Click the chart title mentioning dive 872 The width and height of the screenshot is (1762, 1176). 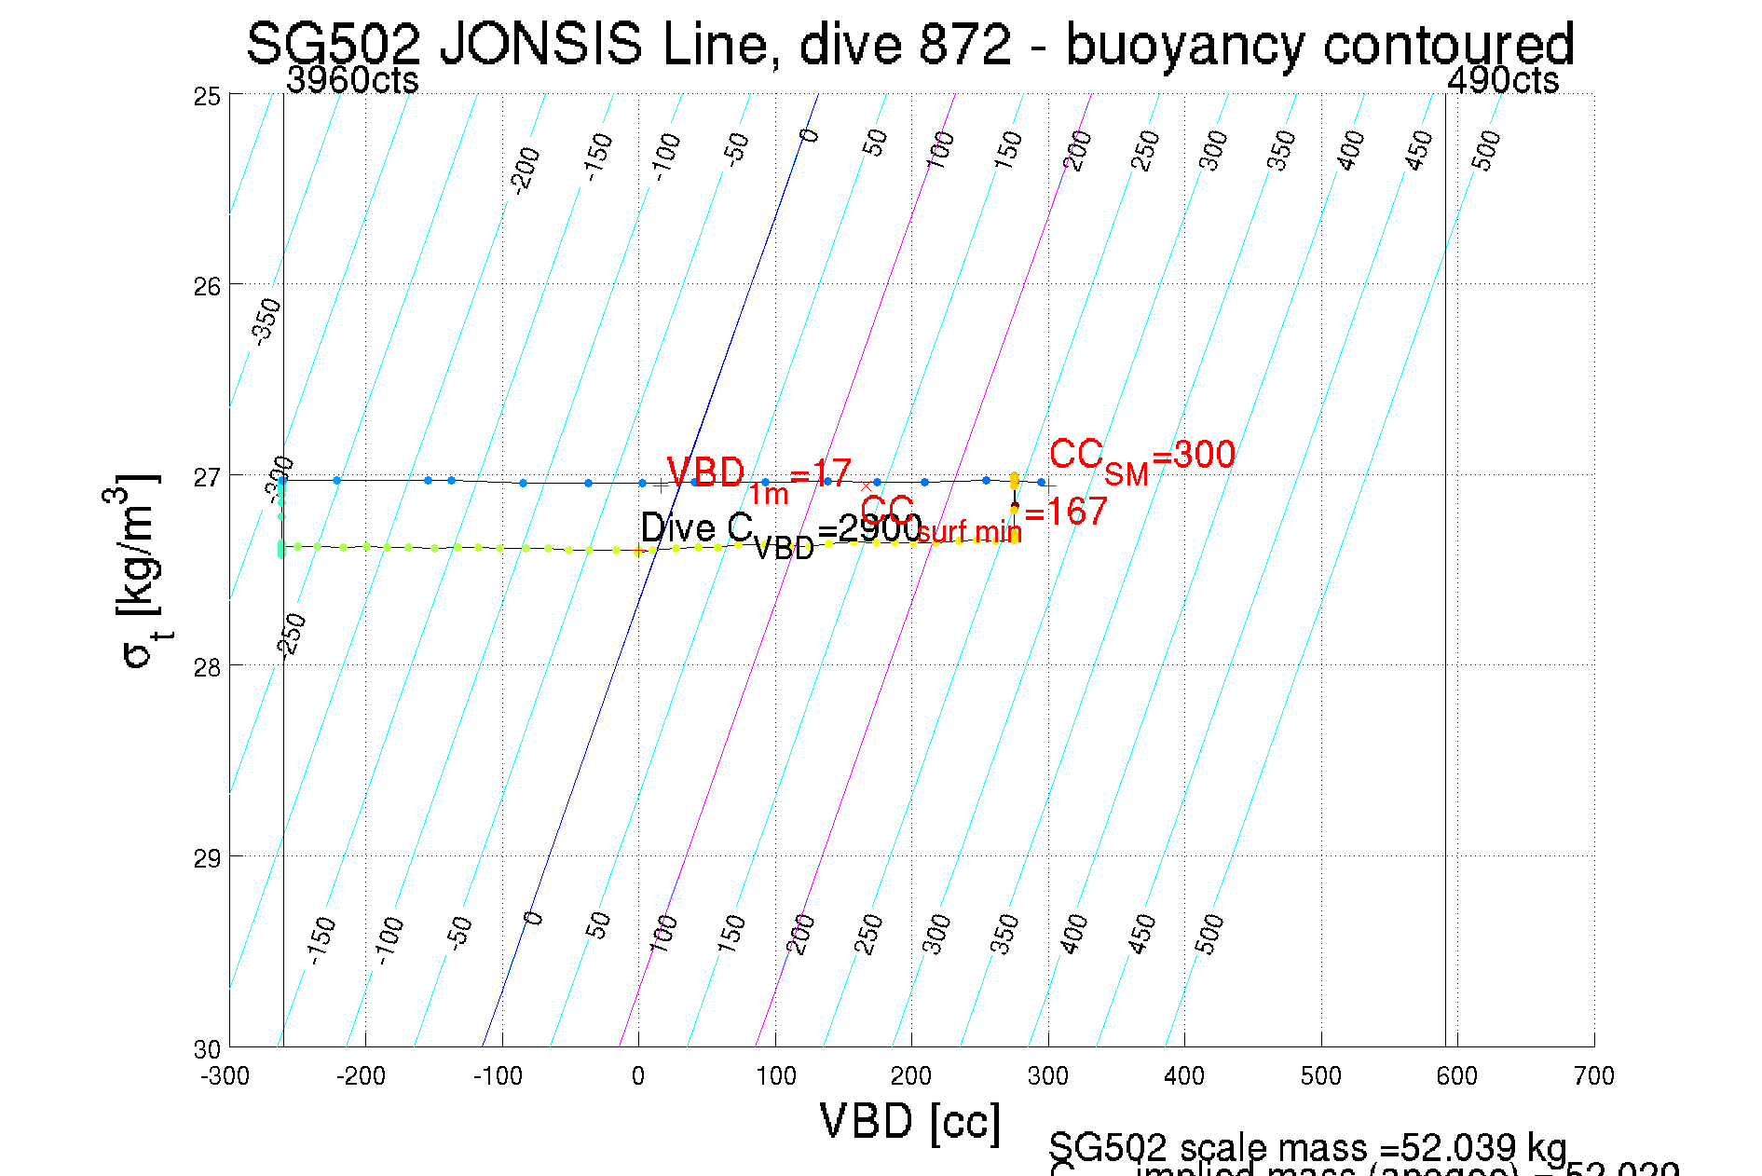[x=909, y=44]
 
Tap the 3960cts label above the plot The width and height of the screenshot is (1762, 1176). [x=352, y=81]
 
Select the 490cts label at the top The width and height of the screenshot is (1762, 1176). [x=1502, y=81]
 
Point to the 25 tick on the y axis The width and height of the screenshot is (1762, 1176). [x=207, y=96]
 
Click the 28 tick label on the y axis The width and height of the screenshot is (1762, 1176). [x=207, y=667]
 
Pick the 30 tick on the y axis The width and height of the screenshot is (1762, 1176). [x=207, y=1049]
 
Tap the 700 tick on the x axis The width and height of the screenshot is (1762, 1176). [x=1593, y=1076]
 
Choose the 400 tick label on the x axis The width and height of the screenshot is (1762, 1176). [x=1184, y=1076]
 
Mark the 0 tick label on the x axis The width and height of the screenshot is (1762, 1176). [x=638, y=1076]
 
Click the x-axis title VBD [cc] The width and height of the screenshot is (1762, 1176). [x=909, y=1121]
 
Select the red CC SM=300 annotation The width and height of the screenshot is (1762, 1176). [x=1141, y=458]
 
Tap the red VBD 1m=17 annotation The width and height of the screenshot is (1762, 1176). [x=758, y=477]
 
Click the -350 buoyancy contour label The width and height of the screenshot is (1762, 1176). [x=266, y=321]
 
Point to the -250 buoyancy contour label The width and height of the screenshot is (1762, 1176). [x=292, y=636]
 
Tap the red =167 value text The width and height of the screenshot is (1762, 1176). [x=1066, y=512]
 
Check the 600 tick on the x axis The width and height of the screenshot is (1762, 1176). [x=1457, y=1076]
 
